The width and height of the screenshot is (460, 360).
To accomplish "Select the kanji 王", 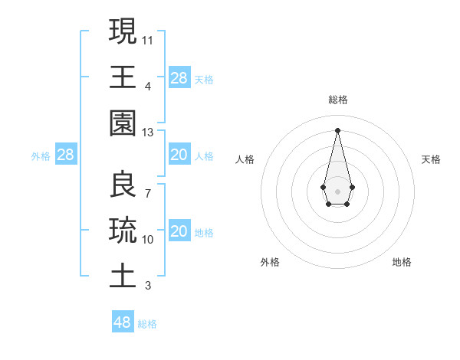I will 123,77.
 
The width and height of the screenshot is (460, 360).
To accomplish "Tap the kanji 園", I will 123,123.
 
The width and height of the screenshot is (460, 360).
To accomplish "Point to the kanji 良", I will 123,184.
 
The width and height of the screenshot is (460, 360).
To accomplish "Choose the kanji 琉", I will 123,230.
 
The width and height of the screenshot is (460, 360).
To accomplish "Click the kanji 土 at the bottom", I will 123,276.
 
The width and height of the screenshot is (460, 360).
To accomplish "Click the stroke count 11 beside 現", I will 148,39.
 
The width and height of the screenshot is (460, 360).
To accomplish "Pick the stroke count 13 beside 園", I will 148,133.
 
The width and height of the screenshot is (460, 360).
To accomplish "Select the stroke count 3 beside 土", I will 148,286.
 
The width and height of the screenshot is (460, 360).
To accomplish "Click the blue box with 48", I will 123,322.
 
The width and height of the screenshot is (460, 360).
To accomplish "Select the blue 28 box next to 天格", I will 179,78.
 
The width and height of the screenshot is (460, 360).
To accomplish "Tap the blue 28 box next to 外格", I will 66,155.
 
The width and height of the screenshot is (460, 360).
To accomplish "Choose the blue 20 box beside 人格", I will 179,155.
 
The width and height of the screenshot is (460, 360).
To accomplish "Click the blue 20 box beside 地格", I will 179,232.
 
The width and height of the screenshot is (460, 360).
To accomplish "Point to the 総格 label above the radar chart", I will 337,100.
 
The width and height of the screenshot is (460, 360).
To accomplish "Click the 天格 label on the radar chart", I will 432,159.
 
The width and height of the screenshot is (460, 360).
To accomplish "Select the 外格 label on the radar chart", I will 270,262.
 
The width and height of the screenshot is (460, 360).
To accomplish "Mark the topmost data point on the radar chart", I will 337,129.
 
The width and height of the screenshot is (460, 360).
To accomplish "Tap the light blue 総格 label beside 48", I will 147,324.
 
